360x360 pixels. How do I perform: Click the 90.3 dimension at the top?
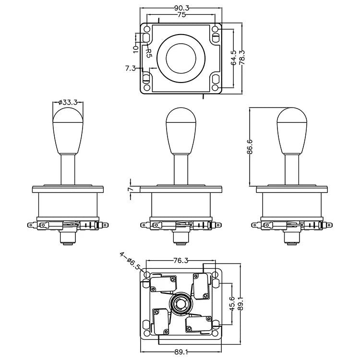click(180, 8)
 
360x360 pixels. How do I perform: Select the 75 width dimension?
click(180, 15)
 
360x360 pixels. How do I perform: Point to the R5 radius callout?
click(148, 51)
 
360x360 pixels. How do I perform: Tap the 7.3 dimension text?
click(130, 68)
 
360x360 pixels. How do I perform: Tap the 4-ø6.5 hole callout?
click(130, 263)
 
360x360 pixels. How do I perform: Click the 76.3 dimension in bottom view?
click(180, 261)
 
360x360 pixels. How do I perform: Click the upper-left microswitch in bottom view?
click(162, 284)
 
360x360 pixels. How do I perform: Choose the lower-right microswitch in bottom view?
click(197, 324)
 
